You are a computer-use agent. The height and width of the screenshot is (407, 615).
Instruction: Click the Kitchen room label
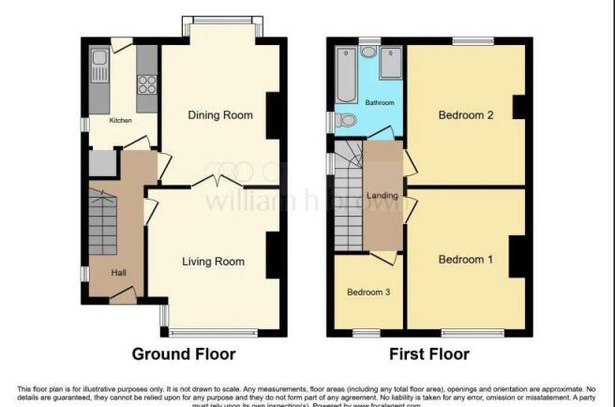click(120, 120)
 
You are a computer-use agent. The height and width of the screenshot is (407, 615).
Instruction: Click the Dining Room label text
click(220, 115)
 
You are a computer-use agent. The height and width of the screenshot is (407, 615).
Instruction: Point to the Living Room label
click(213, 262)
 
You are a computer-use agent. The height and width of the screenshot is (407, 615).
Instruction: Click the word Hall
click(119, 272)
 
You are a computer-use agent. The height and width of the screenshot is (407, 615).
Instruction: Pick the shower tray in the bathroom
click(391, 64)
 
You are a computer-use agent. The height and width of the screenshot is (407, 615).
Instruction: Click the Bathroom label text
click(380, 102)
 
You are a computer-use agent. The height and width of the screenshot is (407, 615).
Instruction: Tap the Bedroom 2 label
click(466, 115)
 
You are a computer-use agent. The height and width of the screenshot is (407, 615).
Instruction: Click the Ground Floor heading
click(184, 354)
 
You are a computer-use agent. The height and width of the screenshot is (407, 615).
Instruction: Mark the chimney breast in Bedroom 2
click(517, 108)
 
